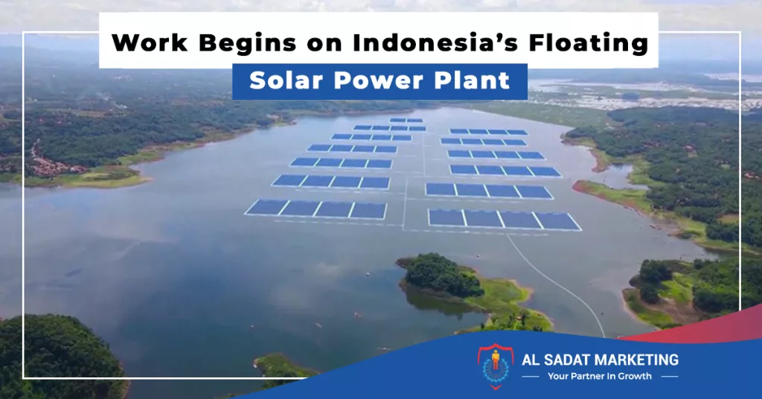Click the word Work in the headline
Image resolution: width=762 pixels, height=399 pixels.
click(x=150, y=42)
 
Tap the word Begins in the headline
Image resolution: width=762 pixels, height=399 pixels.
click(x=247, y=43)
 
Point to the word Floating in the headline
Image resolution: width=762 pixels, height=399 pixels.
click(x=589, y=43)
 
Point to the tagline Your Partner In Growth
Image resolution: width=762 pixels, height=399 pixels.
click(x=599, y=376)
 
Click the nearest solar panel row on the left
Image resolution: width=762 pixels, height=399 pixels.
click(x=317, y=209)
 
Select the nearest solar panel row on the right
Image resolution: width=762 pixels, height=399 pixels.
click(x=504, y=220)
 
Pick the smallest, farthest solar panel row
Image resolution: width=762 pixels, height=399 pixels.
click(x=406, y=120)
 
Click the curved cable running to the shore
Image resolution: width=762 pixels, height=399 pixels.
click(x=560, y=287)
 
